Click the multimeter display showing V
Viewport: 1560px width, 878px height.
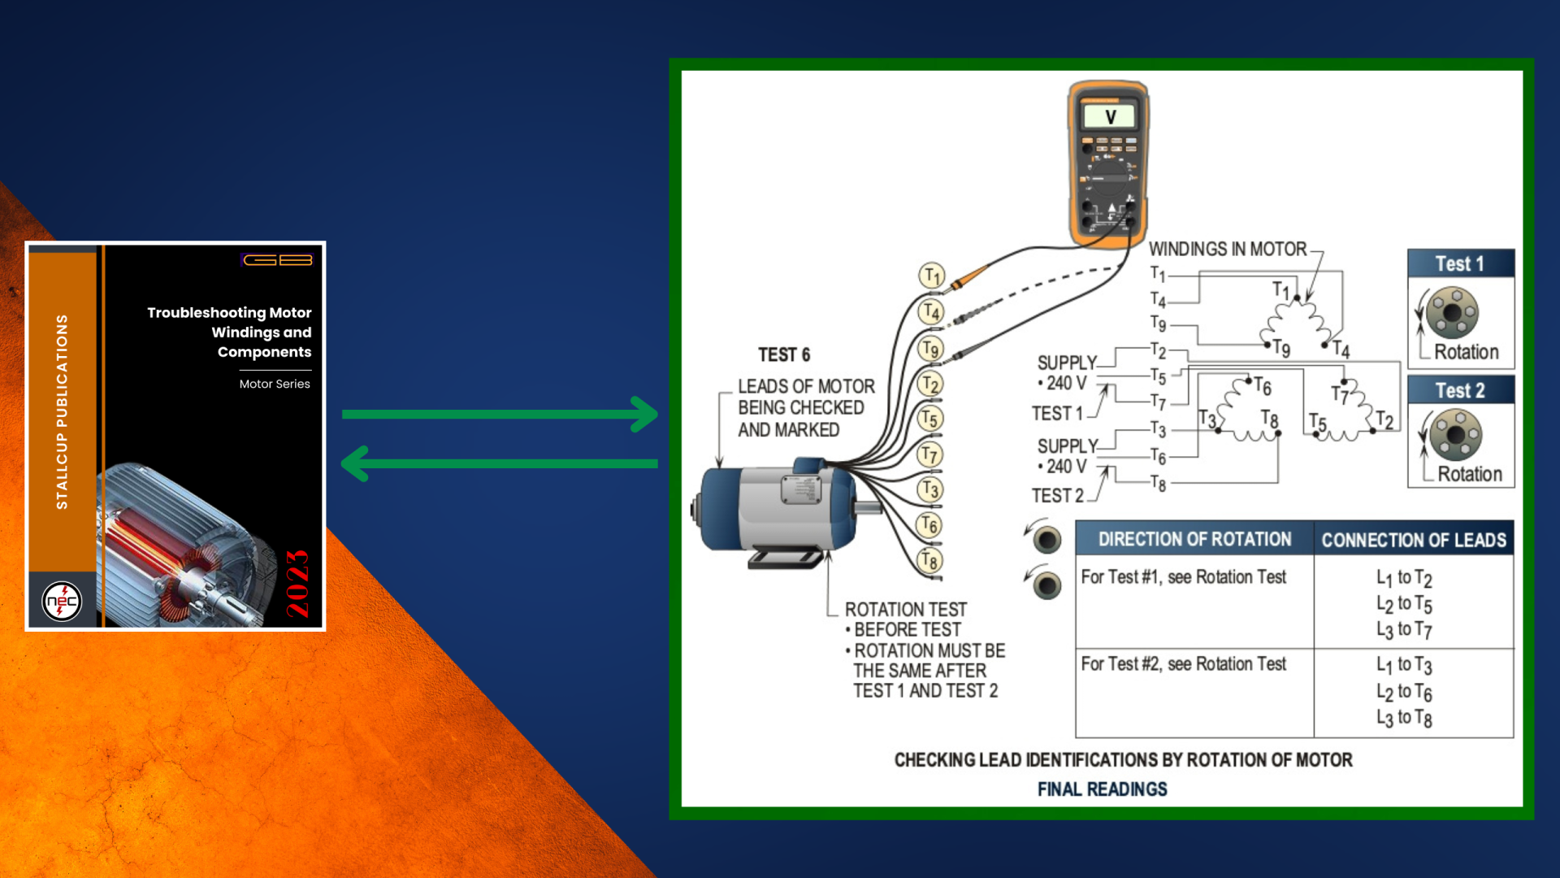tap(1110, 117)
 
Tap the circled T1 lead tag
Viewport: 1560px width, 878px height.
tap(931, 276)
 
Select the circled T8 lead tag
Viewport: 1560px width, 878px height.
tap(929, 559)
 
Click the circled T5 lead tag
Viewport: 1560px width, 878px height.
tap(929, 419)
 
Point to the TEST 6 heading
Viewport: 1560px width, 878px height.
tap(784, 354)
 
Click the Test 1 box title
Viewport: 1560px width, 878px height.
tap(1459, 263)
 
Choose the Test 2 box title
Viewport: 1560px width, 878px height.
tap(1459, 390)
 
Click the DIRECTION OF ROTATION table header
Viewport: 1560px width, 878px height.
tap(1194, 539)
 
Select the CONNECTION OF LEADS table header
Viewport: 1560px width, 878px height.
tap(1413, 540)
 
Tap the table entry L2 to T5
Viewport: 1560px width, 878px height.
tap(1404, 604)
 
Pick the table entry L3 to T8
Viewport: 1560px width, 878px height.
tap(1404, 718)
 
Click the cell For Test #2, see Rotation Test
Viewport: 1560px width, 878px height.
tap(1183, 664)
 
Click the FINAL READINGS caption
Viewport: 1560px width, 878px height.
tap(1102, 789)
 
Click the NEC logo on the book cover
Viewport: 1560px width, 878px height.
tap(62, 602)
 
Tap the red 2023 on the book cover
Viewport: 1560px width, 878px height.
tap(297, 584)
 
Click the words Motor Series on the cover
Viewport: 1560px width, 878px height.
tap(275, 384)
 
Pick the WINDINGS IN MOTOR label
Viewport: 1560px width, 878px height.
tap(1227, 249)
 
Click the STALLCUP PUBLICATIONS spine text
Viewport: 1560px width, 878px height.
tap(62, 411)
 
